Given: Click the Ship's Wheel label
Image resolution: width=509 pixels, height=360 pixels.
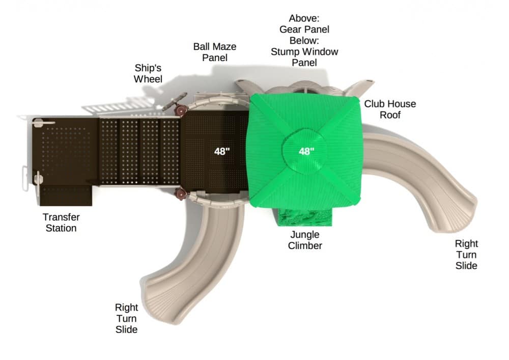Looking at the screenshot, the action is tap(148, 73).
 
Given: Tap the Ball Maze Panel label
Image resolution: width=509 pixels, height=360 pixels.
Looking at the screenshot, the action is tap(215, 52).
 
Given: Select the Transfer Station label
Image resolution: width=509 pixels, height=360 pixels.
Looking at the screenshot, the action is tap(61, 223).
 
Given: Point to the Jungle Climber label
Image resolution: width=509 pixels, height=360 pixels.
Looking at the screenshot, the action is tap(305, 240).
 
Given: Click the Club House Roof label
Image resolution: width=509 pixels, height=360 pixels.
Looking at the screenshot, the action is tap(390, 109).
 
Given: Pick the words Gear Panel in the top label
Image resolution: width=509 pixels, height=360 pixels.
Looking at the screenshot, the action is tap(304, 29).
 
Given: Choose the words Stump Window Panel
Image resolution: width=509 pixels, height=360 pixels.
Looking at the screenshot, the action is tap(304, 57).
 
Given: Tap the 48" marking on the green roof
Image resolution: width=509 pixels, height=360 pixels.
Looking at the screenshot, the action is tap(306, 151).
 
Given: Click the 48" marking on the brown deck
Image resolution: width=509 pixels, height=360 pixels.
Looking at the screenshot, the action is tap(222, 151).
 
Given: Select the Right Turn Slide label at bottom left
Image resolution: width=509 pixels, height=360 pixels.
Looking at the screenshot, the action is tap(126, 318).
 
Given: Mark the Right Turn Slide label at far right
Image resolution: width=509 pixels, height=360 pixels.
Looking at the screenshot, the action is tap(466, 255).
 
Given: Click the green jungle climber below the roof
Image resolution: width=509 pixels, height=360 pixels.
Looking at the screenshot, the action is tap(305, 217).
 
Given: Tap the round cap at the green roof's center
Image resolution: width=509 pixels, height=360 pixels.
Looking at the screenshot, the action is tap(304, 151).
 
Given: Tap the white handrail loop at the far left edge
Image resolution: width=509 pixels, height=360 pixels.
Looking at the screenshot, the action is tap(24, 178).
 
